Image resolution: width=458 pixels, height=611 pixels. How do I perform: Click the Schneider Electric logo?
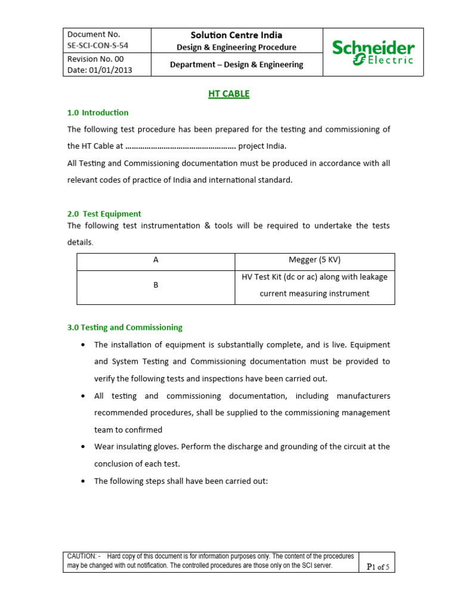[x=373, y=53]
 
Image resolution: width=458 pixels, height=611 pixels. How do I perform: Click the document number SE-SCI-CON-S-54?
[x=98, y=45]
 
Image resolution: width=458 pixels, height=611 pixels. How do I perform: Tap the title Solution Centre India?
[x=237, y=35]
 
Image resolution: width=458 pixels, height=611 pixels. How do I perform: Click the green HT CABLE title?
[x=228, y=94]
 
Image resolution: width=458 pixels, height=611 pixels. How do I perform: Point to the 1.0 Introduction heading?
[x=98, y=112]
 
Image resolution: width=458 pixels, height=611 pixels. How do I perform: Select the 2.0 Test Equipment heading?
[x=104, y=214]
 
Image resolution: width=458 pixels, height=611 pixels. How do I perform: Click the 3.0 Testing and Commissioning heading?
[x=125, y=327]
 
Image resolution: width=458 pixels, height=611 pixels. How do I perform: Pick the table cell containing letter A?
[x=156, y=260]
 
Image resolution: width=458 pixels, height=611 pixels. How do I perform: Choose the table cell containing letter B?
[x=156, y=285]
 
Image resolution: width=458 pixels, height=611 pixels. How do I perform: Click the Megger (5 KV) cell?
[x=314, y=260]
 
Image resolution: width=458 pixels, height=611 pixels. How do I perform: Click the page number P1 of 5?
[x=377, y=567]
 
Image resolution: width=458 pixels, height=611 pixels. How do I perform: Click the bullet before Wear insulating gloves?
[x=82, y=446]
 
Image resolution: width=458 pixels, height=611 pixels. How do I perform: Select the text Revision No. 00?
[x=95, y=59]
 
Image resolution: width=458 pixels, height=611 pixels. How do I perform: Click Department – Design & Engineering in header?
[x=237, y=64]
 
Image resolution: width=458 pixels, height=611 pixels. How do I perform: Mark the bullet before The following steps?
[x=82, y=480]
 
